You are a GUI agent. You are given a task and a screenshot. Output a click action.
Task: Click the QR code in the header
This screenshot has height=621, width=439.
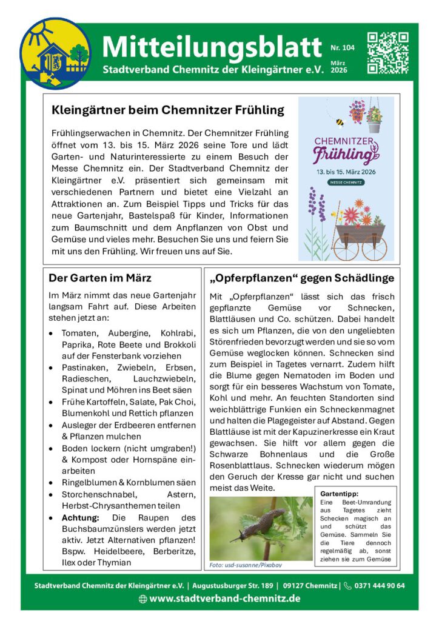[x=388, y=53]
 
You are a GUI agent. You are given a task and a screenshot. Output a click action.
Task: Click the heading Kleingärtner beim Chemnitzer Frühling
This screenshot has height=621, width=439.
[x=168, y=110]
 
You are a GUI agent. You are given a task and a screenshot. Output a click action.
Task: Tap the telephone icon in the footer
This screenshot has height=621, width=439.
[x=347, y=585]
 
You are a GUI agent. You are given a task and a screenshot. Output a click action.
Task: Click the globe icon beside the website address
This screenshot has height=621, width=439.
[x=142, y=599]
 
